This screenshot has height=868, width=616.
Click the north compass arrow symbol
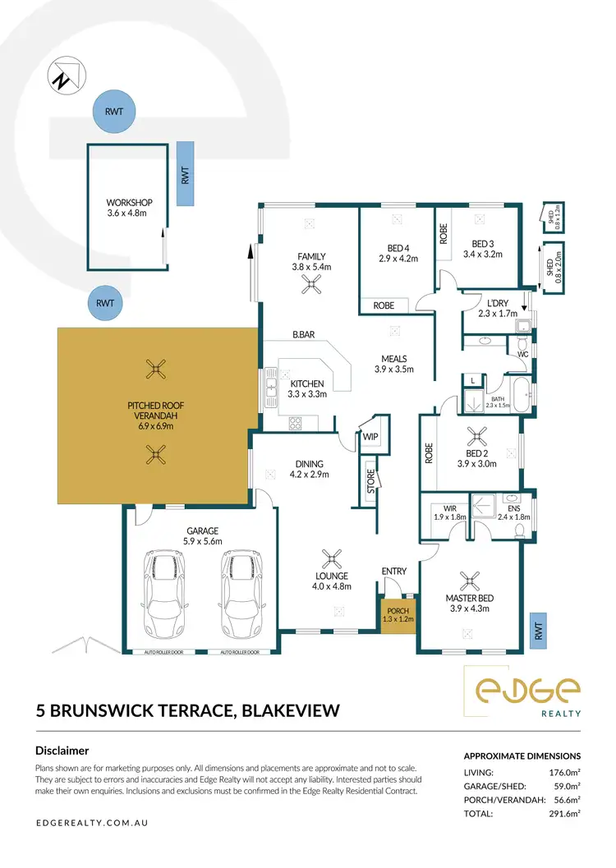(63, 76)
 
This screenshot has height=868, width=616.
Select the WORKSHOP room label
(130, 203)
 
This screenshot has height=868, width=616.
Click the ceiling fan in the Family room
(310, 284)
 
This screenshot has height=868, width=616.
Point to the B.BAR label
(306, 335)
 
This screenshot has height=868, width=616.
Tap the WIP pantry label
(370, 438)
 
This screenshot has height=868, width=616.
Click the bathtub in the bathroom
(509, 388)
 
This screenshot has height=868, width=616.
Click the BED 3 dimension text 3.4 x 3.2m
(481, 255)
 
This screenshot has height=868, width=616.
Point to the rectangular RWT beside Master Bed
(539, 631)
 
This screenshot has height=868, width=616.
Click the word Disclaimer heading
(62, 751)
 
